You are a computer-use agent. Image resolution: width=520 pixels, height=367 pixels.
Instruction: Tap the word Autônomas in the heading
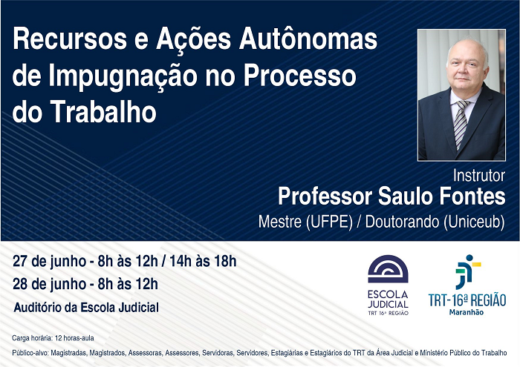pyautogui.click(x=308, y=38)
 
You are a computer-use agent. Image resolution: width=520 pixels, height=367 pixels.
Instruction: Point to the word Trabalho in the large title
pyautogui.click(x=103, y=112)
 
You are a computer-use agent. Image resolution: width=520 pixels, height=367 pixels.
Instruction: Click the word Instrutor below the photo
pyautogui.click(x=479, y=176)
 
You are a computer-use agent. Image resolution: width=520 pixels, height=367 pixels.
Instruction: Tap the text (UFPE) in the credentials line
pyautogui.click(x=329, y=222)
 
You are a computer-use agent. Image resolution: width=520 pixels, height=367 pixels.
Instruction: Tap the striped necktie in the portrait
pyautogui.click(x=461, y=124)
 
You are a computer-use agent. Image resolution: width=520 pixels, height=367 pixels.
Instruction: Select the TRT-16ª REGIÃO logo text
pyautogui.click(x=467, y=300)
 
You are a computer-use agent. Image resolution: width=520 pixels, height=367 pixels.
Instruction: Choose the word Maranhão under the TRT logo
pyautogui.click(x=467, y=312)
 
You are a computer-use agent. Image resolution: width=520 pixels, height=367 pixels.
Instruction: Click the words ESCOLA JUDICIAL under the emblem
pyautogui.click(x=388, y=299)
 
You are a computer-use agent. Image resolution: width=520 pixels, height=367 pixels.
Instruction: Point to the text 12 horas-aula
pyautogui.click(x=74, y=338)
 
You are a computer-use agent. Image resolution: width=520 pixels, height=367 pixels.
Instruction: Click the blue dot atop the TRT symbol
pyautogui.click(x=469, y=257)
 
